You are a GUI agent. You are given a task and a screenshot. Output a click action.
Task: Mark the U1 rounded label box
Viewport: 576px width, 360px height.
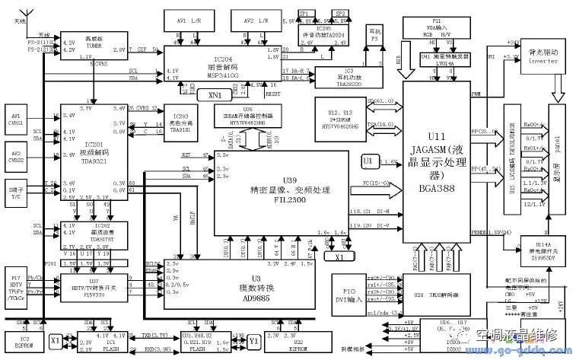(368, 161)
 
